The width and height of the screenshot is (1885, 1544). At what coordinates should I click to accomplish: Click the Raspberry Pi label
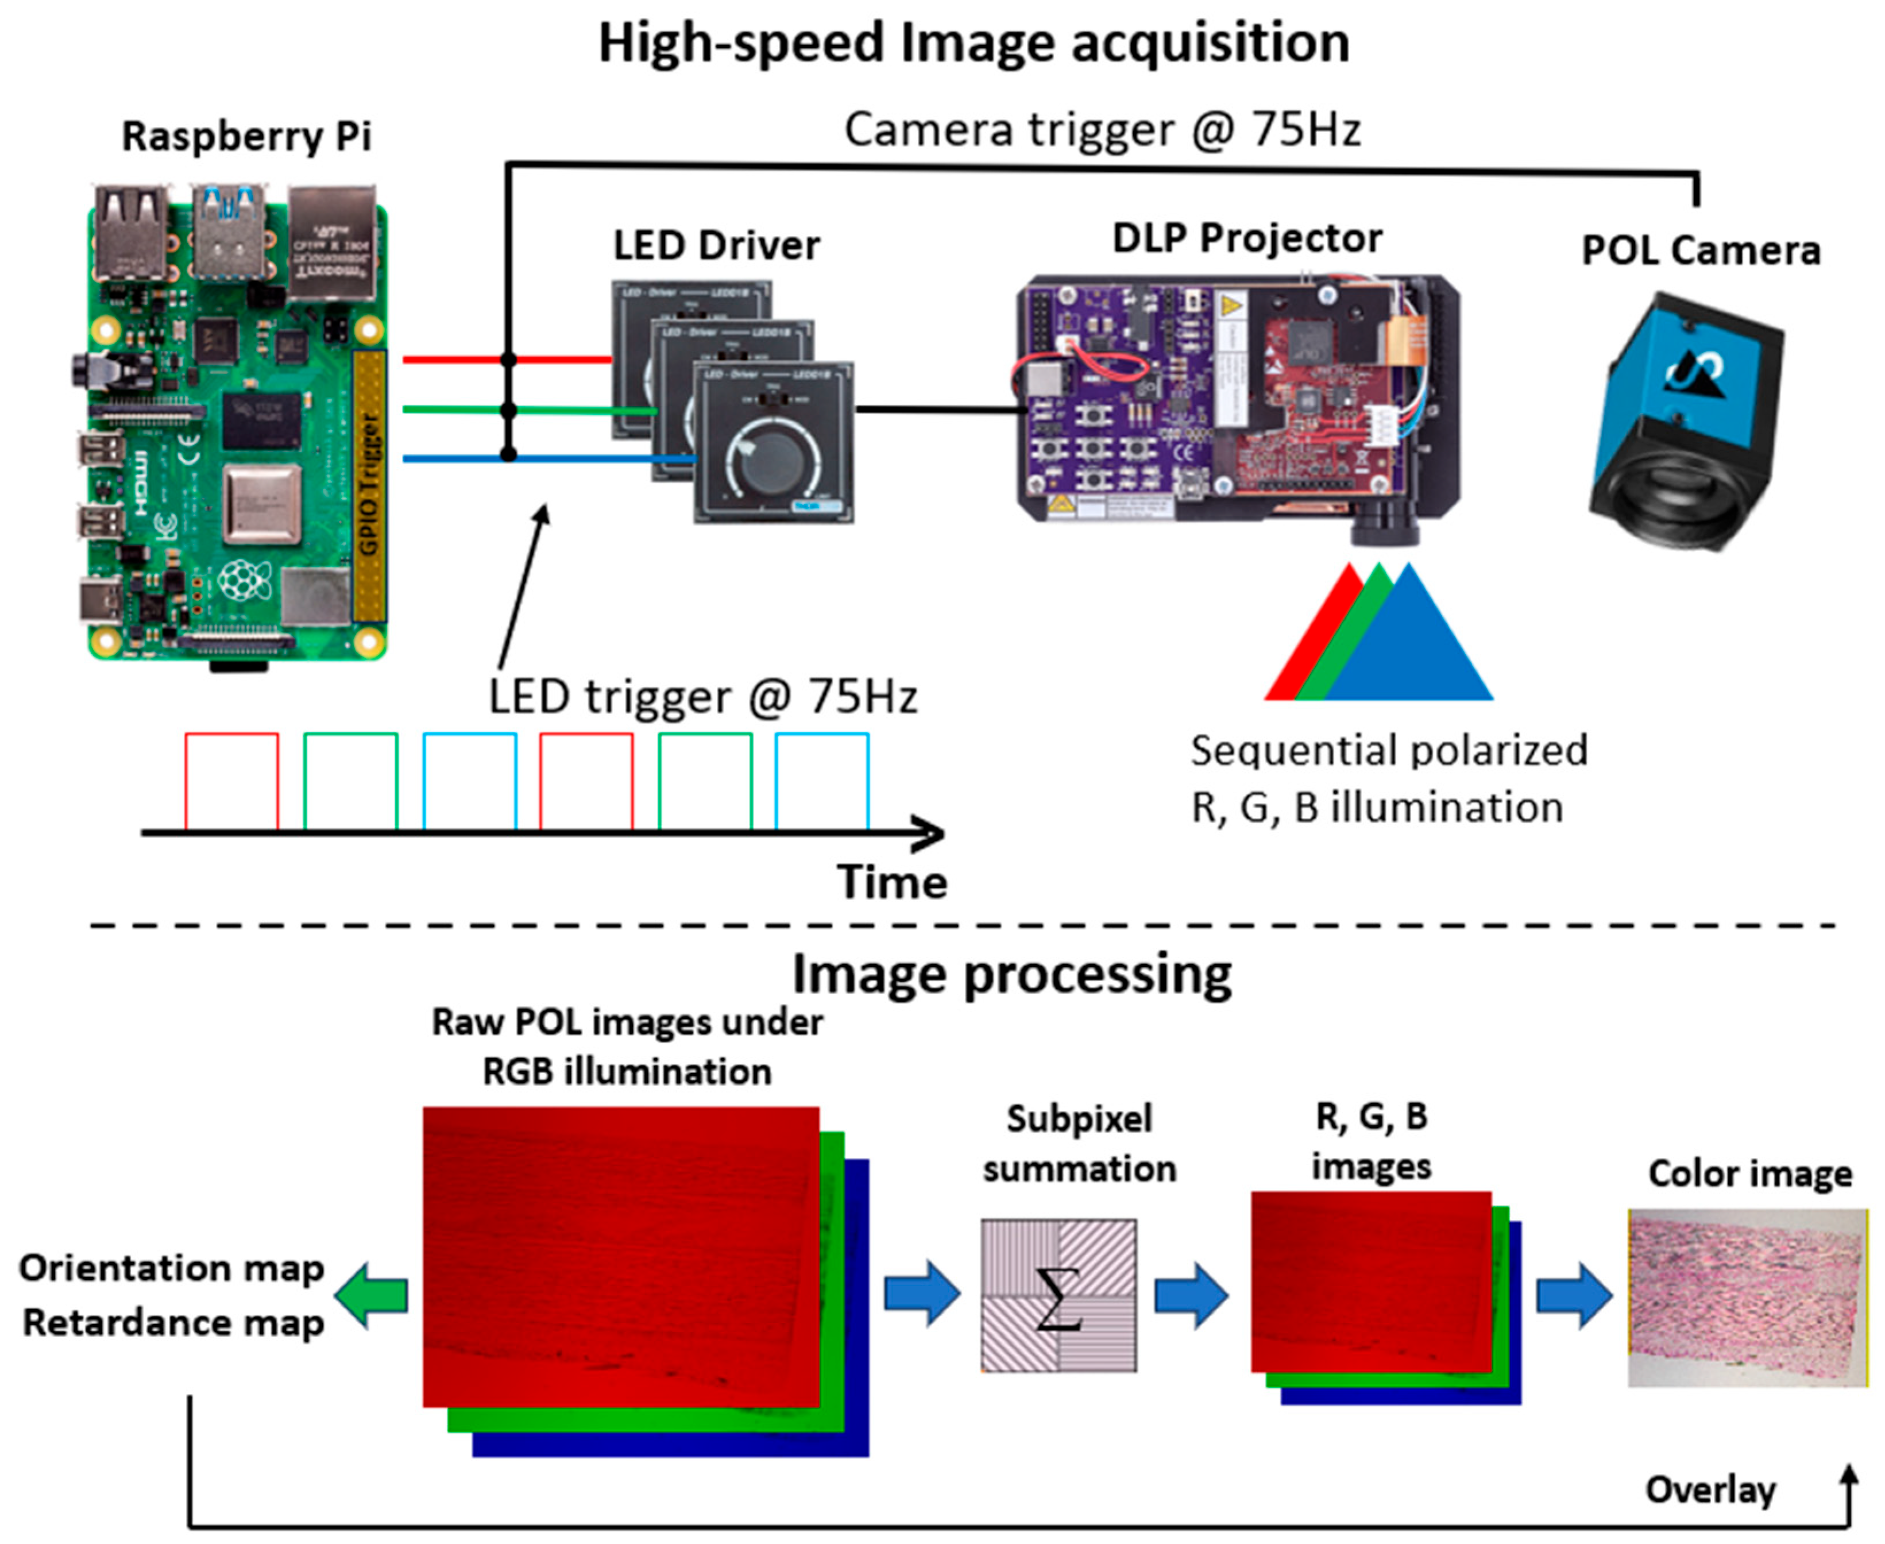click(246, 137)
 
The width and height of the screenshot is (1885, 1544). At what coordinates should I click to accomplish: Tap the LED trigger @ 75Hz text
click(702, 696)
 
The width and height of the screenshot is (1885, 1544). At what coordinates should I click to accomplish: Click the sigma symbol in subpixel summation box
click(1058, 1299)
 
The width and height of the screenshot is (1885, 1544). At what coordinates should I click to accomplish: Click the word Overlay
click(1710, 1490)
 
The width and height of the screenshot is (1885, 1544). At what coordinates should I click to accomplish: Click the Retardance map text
click(173, 1322)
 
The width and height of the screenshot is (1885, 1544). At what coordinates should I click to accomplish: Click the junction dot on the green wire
click(509, 410)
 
